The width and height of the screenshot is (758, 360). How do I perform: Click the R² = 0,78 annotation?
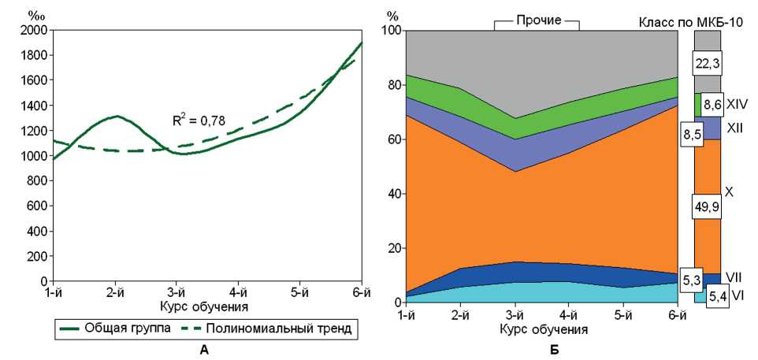coord(199,121)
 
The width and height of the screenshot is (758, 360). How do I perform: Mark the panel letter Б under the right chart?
coord(555,350)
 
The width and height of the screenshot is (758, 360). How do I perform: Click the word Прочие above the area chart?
coord(537,20)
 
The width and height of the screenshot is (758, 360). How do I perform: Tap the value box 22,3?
coord(707,61)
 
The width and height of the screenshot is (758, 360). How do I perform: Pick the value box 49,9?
coord(707,206)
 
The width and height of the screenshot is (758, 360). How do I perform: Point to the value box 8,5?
coord(692,134)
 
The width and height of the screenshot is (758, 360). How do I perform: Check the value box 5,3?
coord(691,279)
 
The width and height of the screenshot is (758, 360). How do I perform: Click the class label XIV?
coord(738,103)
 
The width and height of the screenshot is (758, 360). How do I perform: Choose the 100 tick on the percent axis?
coord(392,30)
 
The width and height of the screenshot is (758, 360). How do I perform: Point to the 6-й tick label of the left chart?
coord(361,292)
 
